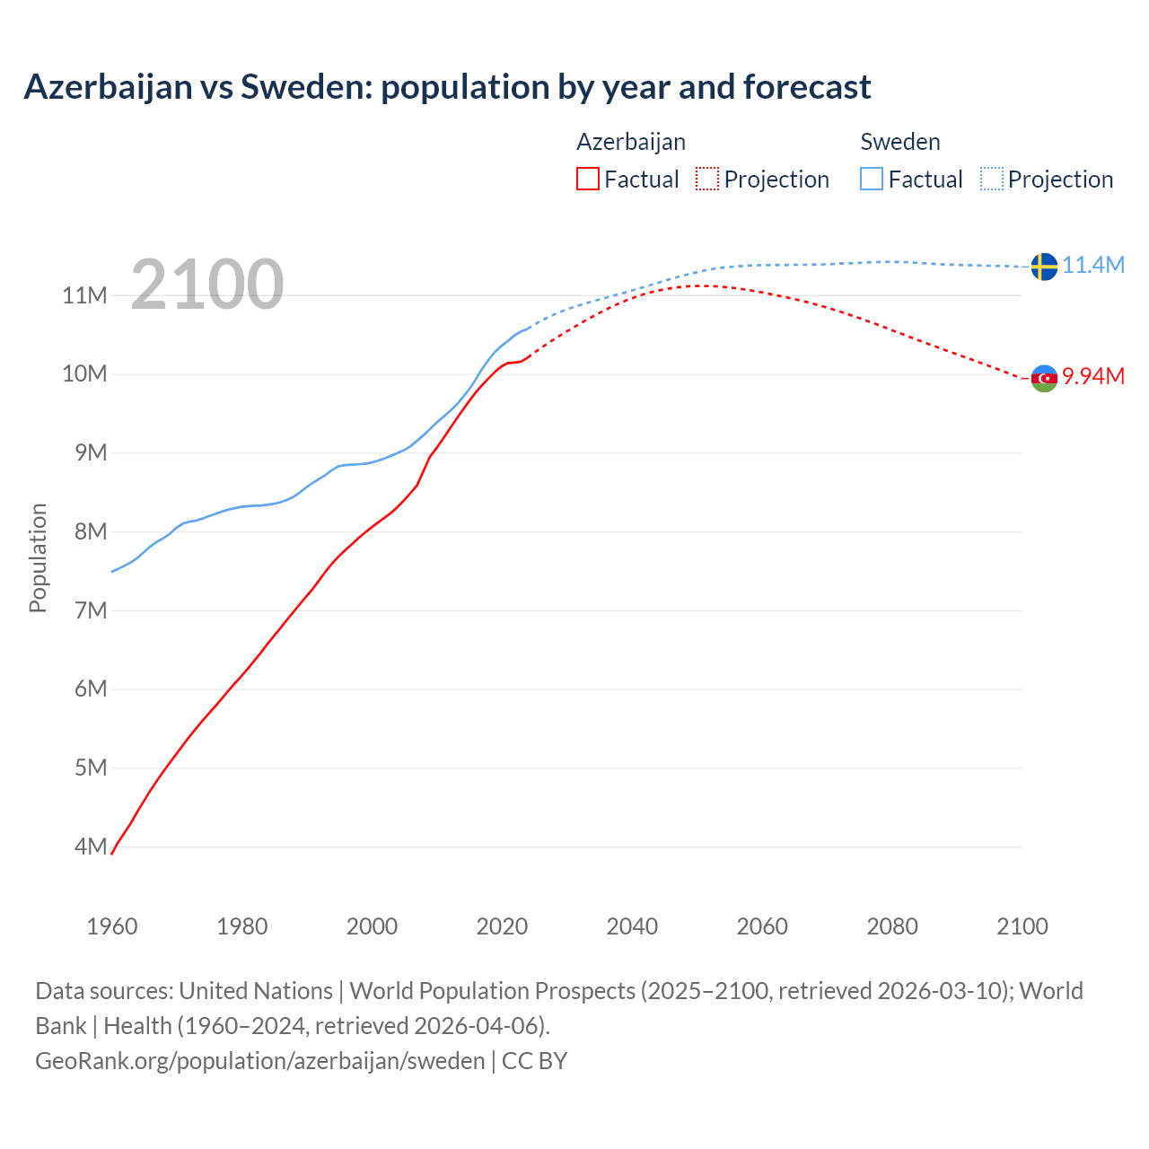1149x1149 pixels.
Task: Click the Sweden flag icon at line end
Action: (1044, 267)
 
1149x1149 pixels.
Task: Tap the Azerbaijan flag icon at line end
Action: (1044, 378)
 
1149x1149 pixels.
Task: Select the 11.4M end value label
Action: (1093, 266)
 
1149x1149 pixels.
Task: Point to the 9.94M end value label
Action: (1093, 376)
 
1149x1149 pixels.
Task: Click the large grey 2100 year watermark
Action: (207, 285)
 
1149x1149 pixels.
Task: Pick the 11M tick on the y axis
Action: (84, 295)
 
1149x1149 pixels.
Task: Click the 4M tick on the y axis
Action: (90, 846)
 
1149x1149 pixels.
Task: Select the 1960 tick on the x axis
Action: (112, 926)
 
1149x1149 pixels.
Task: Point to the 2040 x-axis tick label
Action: (632, 926)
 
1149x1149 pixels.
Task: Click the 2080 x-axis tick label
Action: (892, 926)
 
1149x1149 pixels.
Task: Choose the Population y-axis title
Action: (38, 557)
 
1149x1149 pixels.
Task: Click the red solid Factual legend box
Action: (588, 180)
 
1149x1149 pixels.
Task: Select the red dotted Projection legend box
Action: (707, 180)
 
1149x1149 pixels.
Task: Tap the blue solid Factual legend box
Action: (872, 180)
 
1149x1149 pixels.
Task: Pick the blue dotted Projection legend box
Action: (992, 180)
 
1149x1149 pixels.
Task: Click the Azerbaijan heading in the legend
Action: (631, 142)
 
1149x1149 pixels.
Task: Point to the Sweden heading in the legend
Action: (900, 142)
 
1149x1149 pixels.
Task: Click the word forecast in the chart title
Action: (807, 87)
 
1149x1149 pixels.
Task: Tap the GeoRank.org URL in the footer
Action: (260, 1061)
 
